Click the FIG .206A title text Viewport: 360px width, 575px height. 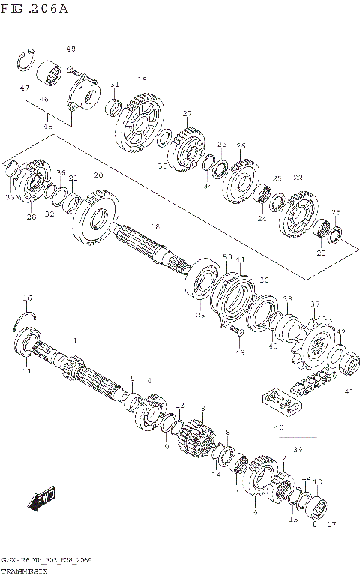[x=34, y=8]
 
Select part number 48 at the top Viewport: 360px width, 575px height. [x=71, y=49]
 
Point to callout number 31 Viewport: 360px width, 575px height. [x=114, y=84]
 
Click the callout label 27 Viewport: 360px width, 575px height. [x=187, y=114]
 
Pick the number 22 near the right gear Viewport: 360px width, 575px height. [x=298, y=178]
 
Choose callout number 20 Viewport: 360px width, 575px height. [x=97, y=175]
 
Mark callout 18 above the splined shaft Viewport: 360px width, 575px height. [x=154, y=226]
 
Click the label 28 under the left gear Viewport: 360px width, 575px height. [x=31, y=217]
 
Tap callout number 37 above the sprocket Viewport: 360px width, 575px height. [x=315, y=304]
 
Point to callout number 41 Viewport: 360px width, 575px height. [x=349, y=391]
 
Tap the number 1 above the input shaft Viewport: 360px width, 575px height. [x=75, y=340]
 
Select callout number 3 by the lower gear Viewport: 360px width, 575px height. [x=202, y=409]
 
